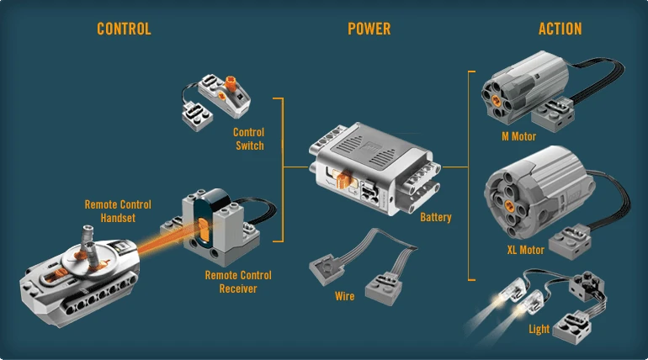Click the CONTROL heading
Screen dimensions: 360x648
(124, 29)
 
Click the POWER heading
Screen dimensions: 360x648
(369, 29)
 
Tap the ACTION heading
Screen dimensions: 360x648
(560, 29)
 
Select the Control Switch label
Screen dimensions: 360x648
(248, 139)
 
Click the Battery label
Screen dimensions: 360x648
(436, 218)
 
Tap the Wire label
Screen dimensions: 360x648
(344, 296)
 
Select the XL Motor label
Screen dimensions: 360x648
(526, 250)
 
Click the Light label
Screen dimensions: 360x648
(539, 329)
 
